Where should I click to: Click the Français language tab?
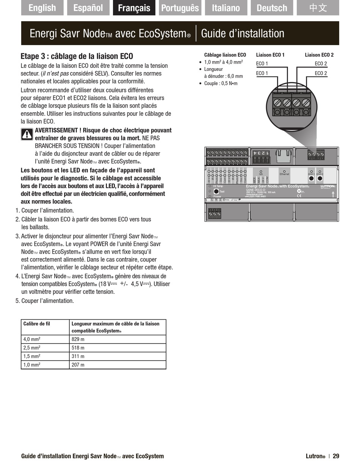click(x=134, y=8)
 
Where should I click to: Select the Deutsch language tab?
click(x=272, y=8)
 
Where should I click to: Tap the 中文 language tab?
click(x=318, y=8)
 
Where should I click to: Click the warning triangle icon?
click(x=27, y=134)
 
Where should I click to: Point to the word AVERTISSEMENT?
click(x=57, y=130)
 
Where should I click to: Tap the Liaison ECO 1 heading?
click(x=270, y=55)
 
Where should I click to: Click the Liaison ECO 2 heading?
click(x=319, y=55)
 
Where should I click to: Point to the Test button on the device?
click(x=216, y=191)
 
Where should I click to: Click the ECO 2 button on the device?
click(x=320, y=178)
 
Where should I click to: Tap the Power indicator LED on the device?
click(x=210, y=196)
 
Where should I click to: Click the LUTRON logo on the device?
click(x=327, y=186)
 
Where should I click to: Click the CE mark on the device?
click(x=299, y=196)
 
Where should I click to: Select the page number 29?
click(x=336, y=456)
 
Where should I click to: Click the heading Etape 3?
click(x=77, y=56)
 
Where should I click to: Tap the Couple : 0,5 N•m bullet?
click(x=221, y=83)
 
